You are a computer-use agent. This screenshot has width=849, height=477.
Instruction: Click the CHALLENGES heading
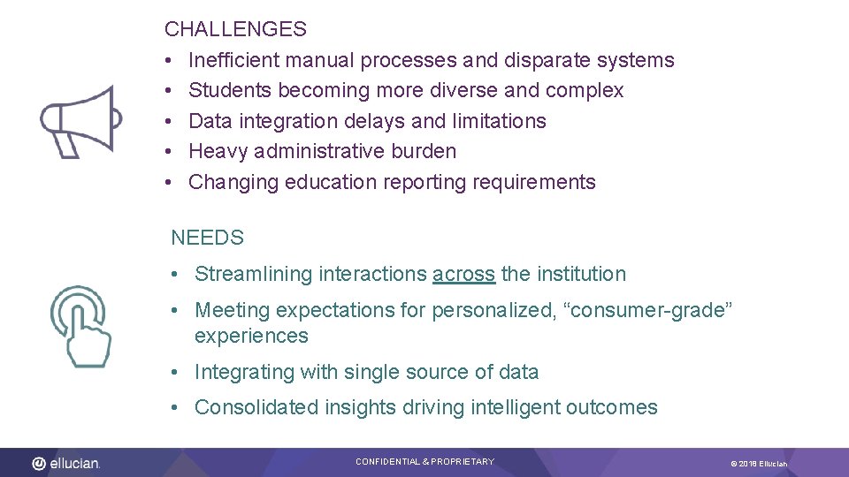[235, 29]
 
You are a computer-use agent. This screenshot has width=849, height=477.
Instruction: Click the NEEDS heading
[207, 238]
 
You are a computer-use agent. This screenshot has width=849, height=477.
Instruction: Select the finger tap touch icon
[81, 325]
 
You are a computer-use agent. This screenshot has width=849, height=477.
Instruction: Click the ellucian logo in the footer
[66, 463]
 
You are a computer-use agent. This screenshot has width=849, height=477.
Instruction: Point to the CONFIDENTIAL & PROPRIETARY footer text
[424, 462]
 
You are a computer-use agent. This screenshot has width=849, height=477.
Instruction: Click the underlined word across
[463, 275]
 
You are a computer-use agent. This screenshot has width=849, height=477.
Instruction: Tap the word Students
[230, 90]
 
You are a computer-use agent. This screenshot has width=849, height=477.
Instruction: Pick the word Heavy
[218, 151]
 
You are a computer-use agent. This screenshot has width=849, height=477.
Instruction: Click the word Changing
[228, 182]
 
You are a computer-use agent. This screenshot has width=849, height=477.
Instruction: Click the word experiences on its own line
[251, 336]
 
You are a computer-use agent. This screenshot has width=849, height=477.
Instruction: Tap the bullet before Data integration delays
[168, 121]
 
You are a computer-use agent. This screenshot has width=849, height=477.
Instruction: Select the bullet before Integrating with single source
[176, 372]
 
